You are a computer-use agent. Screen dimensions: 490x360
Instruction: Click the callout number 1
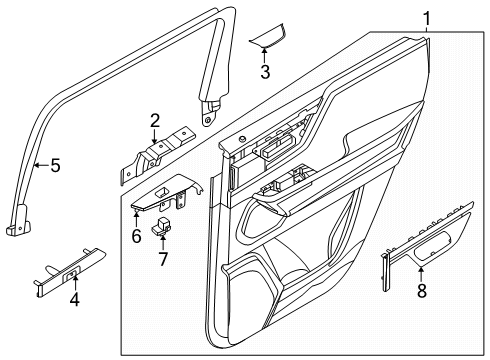427,19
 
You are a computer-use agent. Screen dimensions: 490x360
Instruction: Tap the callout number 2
155,121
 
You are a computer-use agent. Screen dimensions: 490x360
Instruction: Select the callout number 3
265,72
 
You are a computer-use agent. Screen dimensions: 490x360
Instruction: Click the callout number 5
55,165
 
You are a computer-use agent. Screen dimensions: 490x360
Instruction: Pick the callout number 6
137,236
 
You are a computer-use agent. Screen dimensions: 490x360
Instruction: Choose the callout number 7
163,259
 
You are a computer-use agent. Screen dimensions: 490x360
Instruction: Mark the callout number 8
422,290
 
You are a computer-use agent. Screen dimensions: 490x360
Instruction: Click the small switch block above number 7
161,226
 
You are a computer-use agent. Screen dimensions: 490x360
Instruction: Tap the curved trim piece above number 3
268,37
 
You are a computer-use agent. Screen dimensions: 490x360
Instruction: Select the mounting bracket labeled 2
158,154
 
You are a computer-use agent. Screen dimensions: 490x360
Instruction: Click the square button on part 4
71,275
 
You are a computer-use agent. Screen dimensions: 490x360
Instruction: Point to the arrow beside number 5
41,165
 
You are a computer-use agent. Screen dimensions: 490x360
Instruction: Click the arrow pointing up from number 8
421,274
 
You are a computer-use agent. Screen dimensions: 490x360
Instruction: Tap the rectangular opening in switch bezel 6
163,191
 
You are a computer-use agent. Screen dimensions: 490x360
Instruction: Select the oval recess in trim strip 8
432,244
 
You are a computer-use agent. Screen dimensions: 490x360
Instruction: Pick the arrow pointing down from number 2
154,137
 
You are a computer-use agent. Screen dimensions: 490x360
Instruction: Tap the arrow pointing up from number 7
163,242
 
